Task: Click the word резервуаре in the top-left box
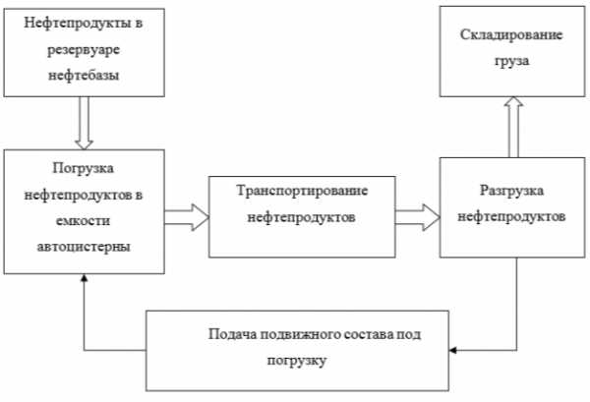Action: pyautogui.click(x=84, y=50)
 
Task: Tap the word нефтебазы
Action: pyautogui.click(x=84, y=75)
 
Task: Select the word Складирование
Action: pyautogui.click(x=511, y=34)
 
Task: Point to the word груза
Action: pyautogui.click(x=511, y=61)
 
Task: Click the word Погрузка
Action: pyautogui.click(x=84, y=168)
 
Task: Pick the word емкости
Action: pyautogui.click(x=84, y=220)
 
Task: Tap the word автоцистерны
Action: pyautogui.click(x=84, y=247)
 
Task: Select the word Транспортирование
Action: pyautogui.click(x=302, y=191)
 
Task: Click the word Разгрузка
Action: pyautogui.click(x=511, y=191)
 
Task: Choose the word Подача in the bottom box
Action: pyautogui.click(x=232, y=334)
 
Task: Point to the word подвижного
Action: pyautogui.click(x=300, y=334)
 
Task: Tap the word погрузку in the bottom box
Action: pyautogui.click(x=297, y=361)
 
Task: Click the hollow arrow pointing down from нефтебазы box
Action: pyautogui.click(x=84, y=123)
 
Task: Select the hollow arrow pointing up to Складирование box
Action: pyautogui.click(x=513, y=127)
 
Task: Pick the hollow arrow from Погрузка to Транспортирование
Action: pyautogui.click(x=187, y=217)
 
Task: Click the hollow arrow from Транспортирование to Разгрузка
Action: pyautogui.click(x=418, y=217)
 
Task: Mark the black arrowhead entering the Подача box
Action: pyautogui.click(x=452, y=351)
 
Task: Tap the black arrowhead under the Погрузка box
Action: pyautogui.click(x=85, y=278)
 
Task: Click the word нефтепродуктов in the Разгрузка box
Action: pyautogui.click(x=511, y=217)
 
